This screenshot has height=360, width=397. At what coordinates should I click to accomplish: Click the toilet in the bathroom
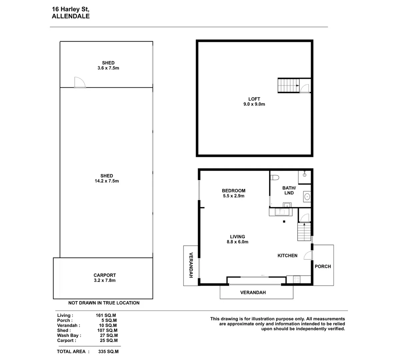(x=274, y=177)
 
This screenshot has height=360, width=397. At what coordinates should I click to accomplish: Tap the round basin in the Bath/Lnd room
(x=307, y=196)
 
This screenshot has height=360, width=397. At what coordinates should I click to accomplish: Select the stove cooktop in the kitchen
(x=297, y=280)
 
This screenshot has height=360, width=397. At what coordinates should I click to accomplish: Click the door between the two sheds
(x=80, y=83)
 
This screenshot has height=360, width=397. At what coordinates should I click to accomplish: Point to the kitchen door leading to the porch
(x=308, y=255)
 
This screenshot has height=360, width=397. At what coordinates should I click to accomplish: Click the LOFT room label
(x=254, y=99)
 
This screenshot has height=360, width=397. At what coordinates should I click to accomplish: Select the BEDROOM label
(x=234, y=191)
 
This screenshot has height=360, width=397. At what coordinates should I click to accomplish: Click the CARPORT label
(x=105, y=275)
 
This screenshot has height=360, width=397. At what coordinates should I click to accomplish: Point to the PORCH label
(x=323, y=266)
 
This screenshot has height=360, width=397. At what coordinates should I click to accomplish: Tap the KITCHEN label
(x=287, y=256)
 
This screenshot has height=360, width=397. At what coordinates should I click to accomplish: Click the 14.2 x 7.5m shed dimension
(x=107, y=181)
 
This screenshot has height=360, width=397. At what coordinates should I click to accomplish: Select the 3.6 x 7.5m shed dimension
(x=108, y=68)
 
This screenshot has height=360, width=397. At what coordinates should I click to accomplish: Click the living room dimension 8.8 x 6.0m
(x=237, y=242)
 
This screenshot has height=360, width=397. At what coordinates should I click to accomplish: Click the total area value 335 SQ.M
(x=108, y=351)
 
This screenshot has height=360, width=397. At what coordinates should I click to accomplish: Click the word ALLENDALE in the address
(x=71, y=16)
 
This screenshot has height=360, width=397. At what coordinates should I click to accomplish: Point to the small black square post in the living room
(x=284, y=221)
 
